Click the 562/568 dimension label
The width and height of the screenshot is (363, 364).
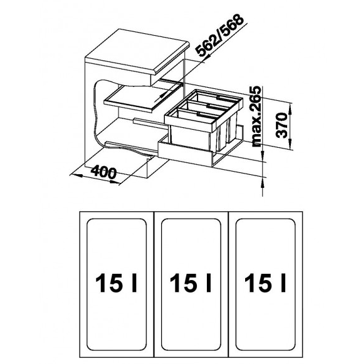tap(219, 35)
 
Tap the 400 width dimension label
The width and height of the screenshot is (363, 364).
tap(103, 173)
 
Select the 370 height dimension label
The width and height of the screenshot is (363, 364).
tap(282, 125)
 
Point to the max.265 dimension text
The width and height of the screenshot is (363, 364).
tap(256, 117)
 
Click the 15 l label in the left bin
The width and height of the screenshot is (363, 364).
tap(116, 283)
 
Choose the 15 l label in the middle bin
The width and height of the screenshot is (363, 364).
tap(191, 283)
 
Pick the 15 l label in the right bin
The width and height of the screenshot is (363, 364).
tap(265, 283)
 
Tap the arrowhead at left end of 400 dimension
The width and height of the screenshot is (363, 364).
tap(76, 175)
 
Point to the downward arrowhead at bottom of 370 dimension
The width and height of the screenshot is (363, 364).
tap(290, 144)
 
